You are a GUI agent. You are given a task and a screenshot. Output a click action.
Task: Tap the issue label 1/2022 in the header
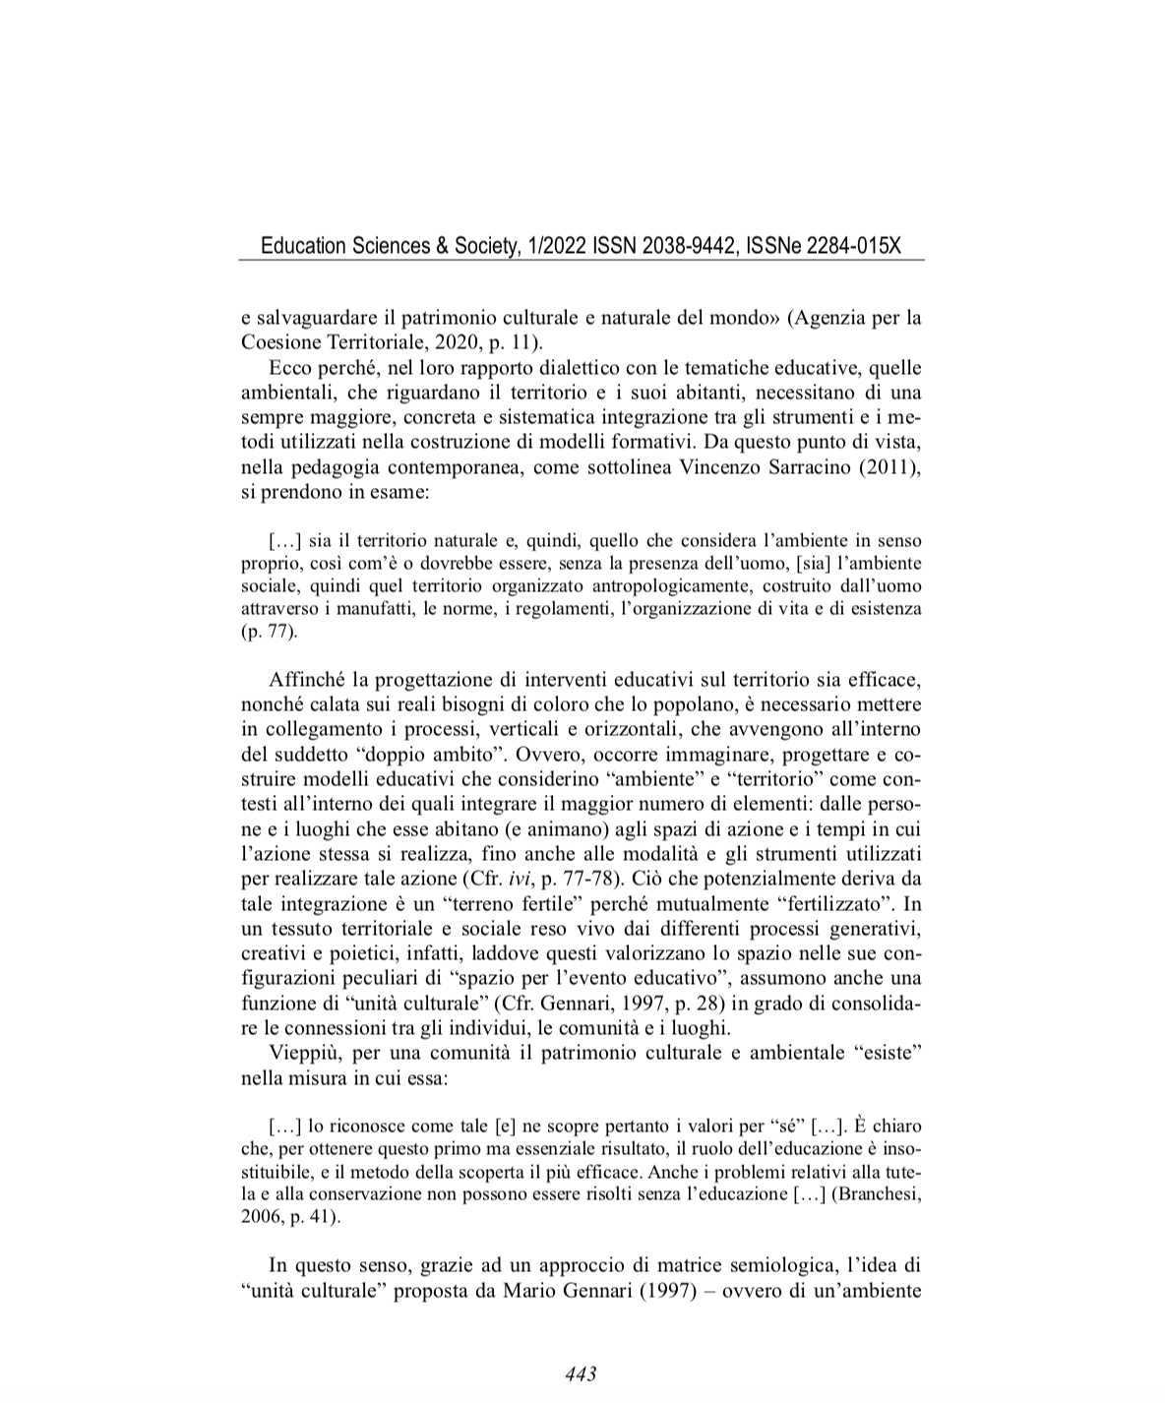point(555,246)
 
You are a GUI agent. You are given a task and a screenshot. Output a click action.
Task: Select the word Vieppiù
point(303,1054)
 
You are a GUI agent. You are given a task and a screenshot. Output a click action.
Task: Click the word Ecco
point(288,369)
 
